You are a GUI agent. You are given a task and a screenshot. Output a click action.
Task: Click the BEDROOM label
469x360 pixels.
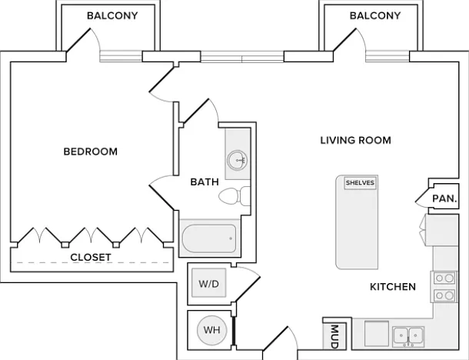click(90, 152)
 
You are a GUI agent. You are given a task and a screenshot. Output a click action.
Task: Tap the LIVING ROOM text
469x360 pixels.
click(356, 140)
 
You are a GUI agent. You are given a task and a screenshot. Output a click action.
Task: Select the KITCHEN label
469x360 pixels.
click(393, 287)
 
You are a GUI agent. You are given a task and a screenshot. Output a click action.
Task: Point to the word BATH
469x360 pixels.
click(205, 182)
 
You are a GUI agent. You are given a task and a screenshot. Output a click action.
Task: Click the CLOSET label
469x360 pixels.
click(91, 257)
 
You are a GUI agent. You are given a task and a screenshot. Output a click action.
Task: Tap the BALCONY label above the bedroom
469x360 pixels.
click(112, 15)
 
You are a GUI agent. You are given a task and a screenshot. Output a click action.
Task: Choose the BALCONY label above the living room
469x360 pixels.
click(375, 15)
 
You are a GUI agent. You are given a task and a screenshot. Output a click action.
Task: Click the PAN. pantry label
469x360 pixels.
click(444, 198)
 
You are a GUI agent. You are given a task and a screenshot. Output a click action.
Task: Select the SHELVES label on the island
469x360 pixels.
click(360, 182)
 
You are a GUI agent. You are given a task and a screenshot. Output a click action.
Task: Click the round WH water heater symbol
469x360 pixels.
click(212, 330)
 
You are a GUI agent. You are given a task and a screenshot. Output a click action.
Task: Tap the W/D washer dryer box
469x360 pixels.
click(209, 283)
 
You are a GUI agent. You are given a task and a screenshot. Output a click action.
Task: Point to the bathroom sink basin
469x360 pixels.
click(238, 160)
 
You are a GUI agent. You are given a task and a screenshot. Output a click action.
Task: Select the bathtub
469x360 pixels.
click(209, 238)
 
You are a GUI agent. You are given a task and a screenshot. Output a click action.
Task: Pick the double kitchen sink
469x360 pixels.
click(408, 336)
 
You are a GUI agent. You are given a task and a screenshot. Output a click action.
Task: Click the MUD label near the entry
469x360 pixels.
click(334, 336)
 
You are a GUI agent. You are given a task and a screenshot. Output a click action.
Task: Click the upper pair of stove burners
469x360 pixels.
click(444, 278)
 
